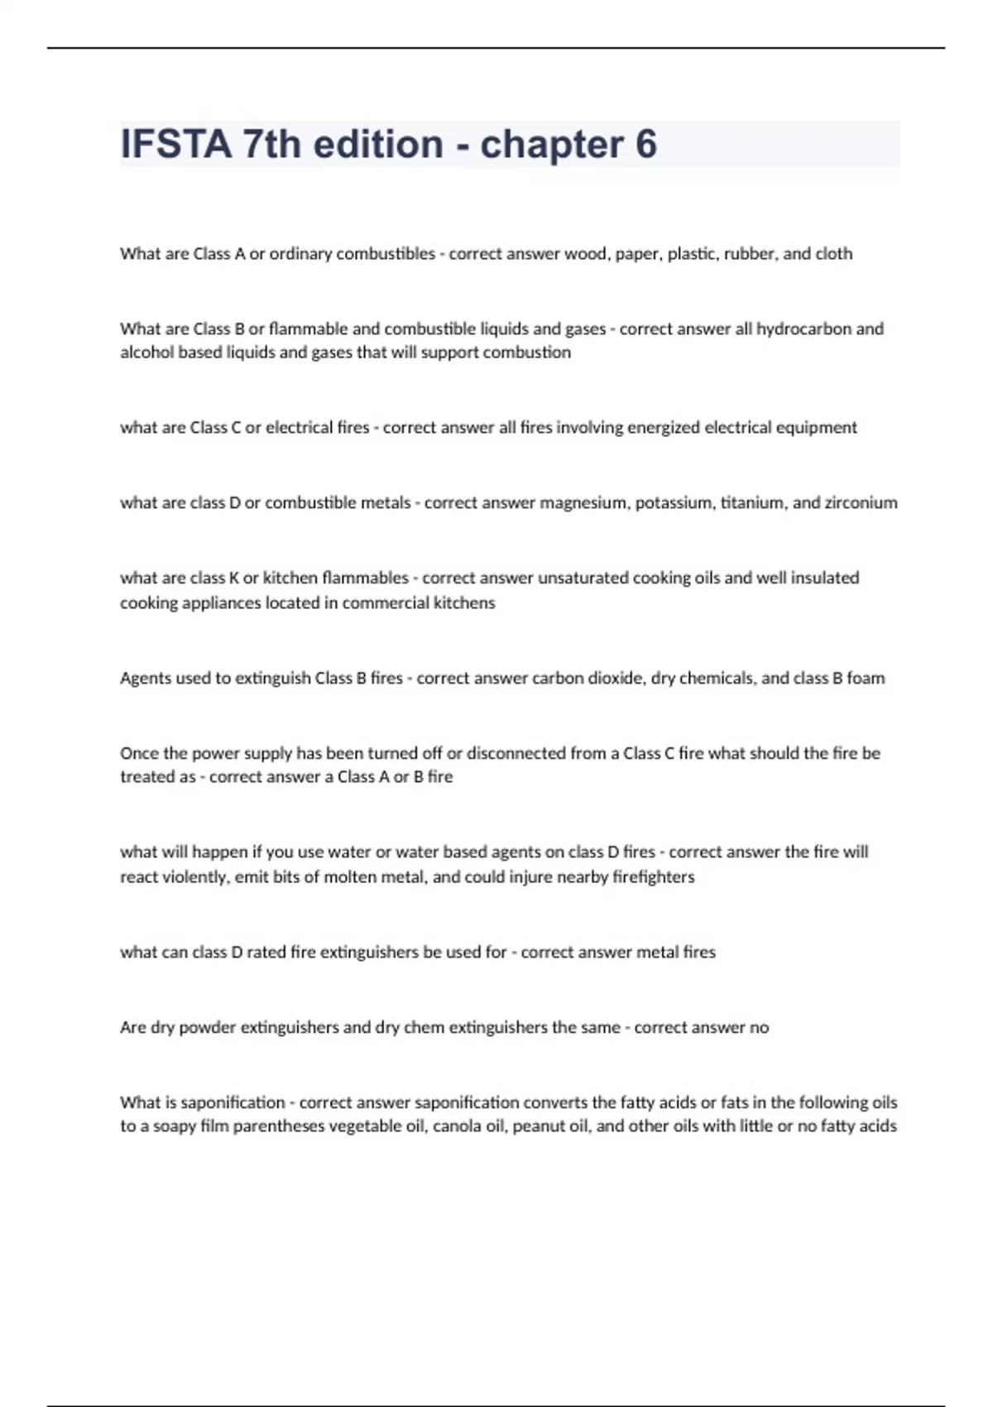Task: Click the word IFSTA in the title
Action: [x=176, y=144]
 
